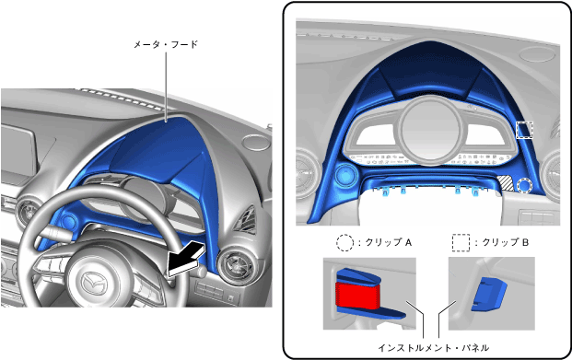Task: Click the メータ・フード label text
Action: pyautogui.click(x=165, y=44)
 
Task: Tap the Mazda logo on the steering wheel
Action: pyautogui.click(x=92, y=284)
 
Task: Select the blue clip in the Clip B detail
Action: pyautogui.click(x=489, y=294)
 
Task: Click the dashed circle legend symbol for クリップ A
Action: pyautogui.click(x=344, y=242)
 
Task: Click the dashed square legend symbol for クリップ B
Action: pyautogui.click(x=461, y=242)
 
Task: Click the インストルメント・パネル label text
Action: pyautogui.click(x=434, y=348)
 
